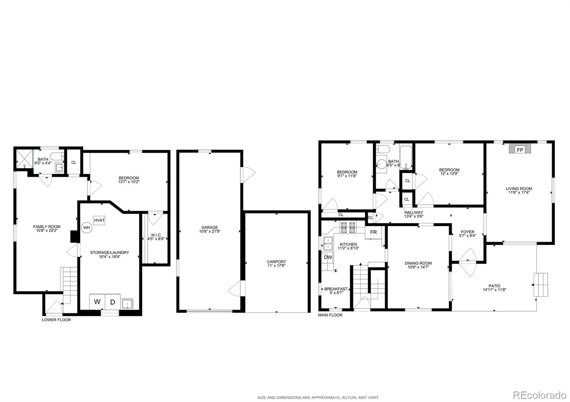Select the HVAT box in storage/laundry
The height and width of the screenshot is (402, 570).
coord(99,221)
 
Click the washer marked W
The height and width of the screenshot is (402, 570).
coord(97,302)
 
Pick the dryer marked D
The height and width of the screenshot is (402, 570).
coord(113,302)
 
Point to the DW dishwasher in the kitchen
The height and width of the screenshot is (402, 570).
coord(328,257)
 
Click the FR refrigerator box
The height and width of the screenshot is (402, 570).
coord(373,232)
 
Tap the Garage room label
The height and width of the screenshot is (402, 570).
coord(209,227)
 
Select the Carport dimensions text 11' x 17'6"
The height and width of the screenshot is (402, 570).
coord(276,265)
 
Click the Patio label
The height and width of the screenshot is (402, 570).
coord(494,286)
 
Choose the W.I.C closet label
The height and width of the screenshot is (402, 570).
coord(156,235)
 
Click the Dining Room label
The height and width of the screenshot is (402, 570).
coord(418,263)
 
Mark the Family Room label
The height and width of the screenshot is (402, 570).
coord(47,227)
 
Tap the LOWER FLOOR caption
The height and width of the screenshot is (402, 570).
coord(56,320)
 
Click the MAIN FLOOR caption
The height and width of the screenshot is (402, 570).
coord(330,315)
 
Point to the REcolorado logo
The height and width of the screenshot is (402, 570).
coord(539,396)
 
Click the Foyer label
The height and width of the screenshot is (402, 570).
coord(467,232)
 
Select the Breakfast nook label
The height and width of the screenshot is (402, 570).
coord(336,289)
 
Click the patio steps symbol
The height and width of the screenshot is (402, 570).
coord(540,285)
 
